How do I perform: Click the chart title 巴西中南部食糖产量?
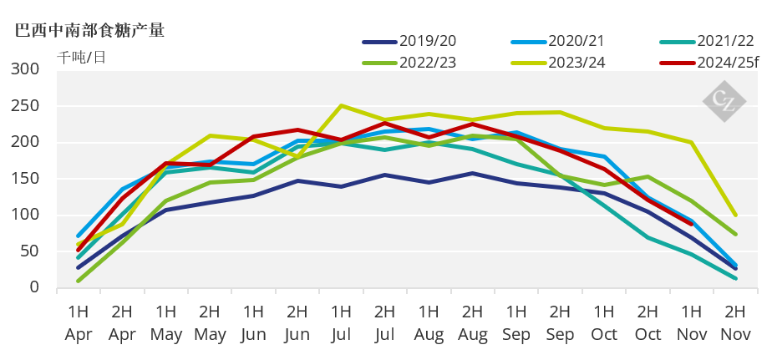click(90, 31)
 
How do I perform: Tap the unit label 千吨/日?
click(82, 57)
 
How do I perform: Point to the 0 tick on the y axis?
click(33, 287)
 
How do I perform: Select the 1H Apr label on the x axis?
click(78, 323)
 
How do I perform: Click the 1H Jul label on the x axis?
click(341, 323)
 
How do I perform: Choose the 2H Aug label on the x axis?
click(472, 323)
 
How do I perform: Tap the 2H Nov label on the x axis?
click(735, 323)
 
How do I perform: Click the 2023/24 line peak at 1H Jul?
click(341, 105)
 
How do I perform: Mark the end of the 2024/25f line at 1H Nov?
click(691, 224)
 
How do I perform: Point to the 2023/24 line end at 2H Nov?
click(735, 215)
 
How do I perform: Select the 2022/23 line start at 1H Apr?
click(78, 281)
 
